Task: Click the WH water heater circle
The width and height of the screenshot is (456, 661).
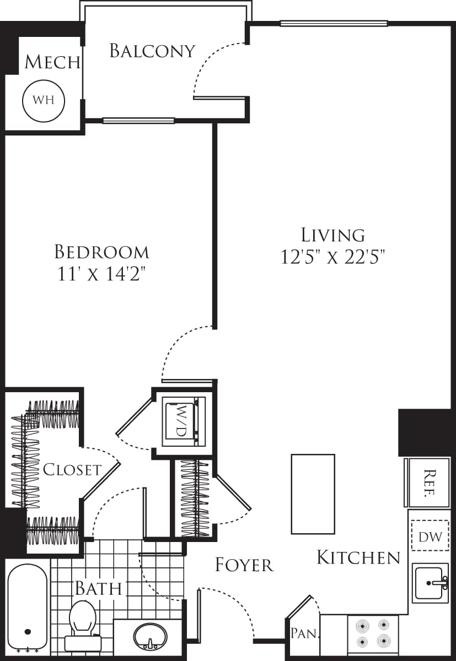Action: click(x=43, y=100)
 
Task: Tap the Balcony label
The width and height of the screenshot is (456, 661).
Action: click(x=152, y=51)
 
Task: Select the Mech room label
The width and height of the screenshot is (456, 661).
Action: click(x=52, y=62)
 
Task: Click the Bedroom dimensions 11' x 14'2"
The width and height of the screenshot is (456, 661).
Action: click(x=102, y=274)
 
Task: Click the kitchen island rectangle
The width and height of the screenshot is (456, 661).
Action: click(x=313, y=494)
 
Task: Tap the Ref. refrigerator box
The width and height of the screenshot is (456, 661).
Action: click(x=430, y=483)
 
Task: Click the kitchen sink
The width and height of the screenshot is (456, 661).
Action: click(x=431, y=582)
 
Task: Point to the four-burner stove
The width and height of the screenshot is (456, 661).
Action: click(x=372, y=633)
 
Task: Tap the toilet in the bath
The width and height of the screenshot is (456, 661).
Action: click(x=83, y=622)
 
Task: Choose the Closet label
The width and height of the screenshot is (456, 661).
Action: click(x=72, y=470)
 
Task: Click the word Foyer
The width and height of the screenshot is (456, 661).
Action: click(x=244, y=565)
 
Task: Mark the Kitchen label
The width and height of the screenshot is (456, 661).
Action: click(x=358, y=557)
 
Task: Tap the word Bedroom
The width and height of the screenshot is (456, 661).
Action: click(x=102, y=252)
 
